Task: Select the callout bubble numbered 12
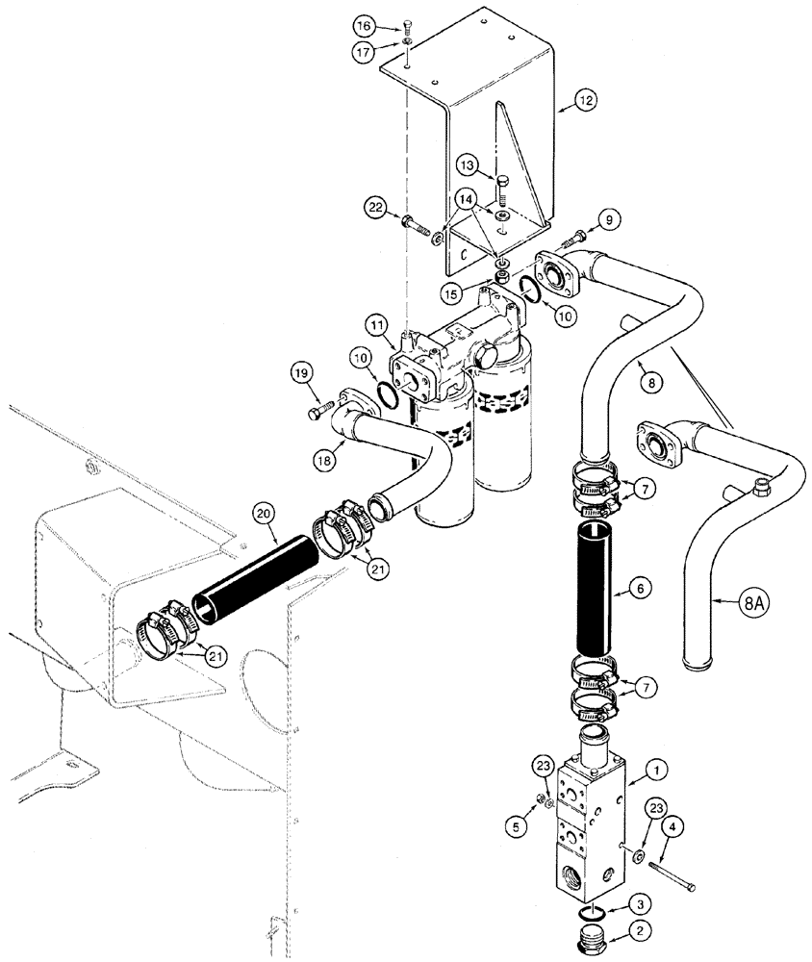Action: coord(586,98)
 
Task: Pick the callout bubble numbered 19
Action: coord(300,372)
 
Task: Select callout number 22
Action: coord(376,206)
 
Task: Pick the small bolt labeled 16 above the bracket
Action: coord(408,25)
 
